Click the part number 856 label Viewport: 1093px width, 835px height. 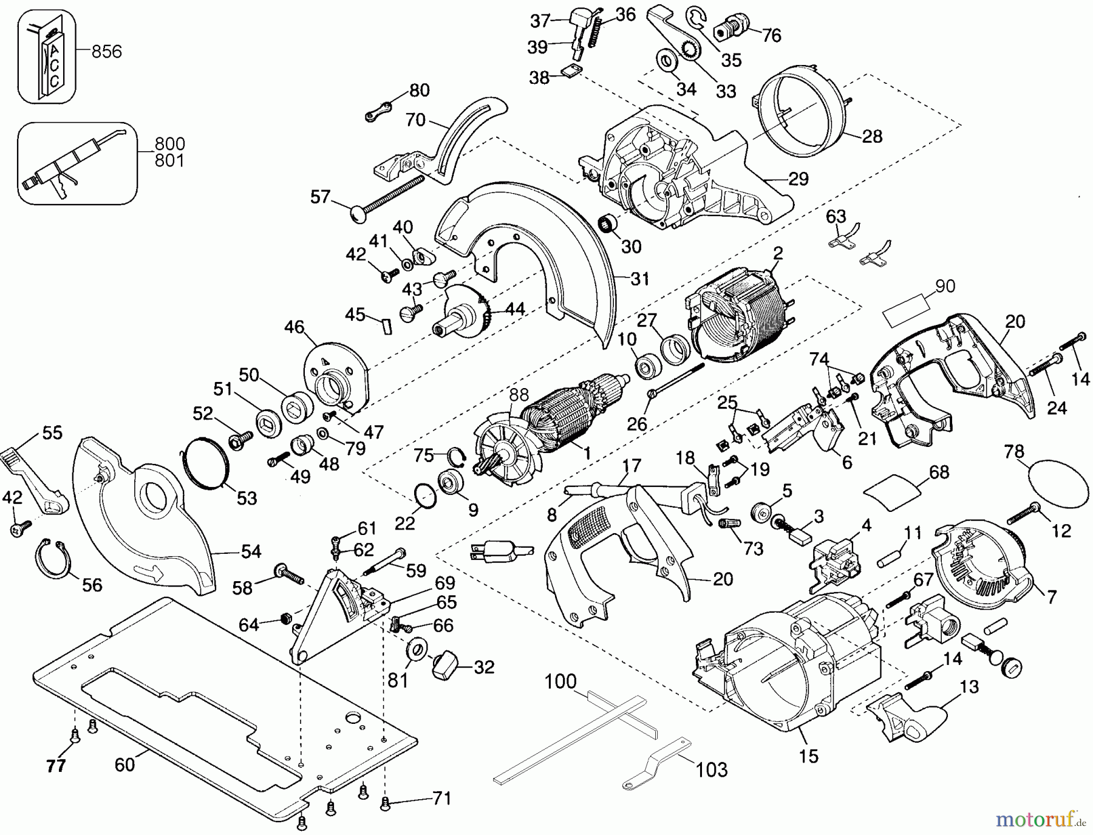106,52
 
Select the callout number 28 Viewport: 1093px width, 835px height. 872,136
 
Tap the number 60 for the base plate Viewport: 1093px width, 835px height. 124,764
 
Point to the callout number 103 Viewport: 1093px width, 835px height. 711,770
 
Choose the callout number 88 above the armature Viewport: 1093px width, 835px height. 519,395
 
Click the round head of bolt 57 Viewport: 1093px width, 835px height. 359,214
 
